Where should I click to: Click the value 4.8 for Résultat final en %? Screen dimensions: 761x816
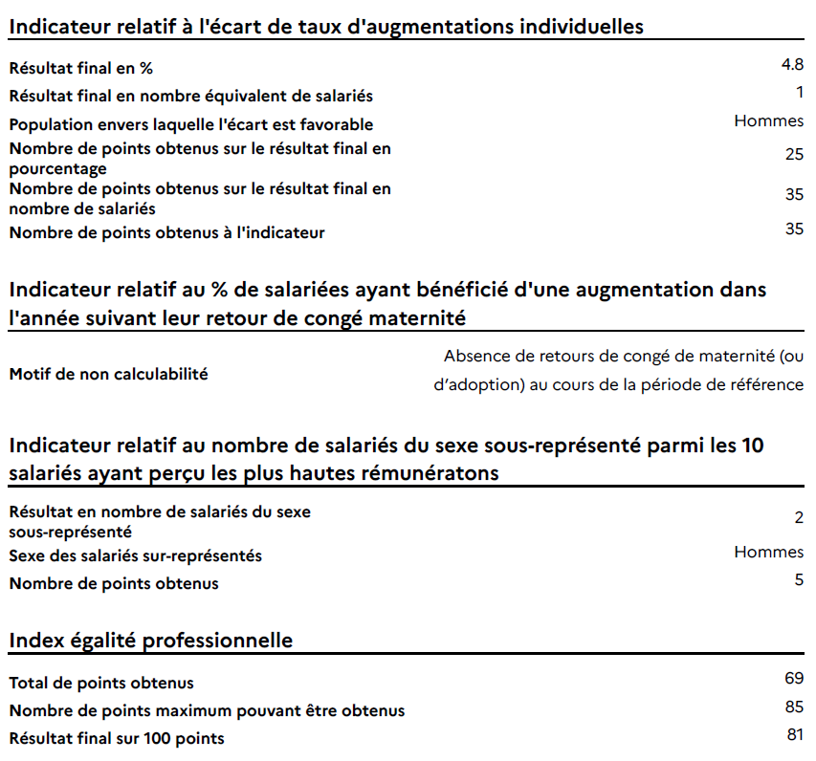792,65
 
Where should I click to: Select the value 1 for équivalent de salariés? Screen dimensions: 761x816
799,92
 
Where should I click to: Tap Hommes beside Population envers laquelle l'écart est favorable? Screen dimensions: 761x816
768,120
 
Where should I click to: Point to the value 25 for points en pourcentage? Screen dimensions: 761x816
793,154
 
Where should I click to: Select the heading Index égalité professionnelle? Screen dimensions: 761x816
151,640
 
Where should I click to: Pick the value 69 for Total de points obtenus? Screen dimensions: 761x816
793,679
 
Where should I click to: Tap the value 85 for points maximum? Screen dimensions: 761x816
793,707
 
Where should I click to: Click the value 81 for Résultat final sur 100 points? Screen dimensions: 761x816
793,735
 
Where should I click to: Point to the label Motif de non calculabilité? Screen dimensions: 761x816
108,374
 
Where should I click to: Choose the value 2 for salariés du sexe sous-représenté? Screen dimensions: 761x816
798,518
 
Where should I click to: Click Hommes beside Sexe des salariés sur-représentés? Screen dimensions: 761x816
768,552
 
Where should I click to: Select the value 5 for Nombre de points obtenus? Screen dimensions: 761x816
798,579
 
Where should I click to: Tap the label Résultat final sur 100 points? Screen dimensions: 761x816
117,738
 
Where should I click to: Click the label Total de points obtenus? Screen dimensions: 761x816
101,683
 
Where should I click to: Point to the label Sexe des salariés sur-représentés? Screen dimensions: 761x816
135,555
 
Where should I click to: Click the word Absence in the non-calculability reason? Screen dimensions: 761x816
474,357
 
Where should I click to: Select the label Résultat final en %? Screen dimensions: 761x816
80,68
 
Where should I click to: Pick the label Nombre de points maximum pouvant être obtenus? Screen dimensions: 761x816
207,710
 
